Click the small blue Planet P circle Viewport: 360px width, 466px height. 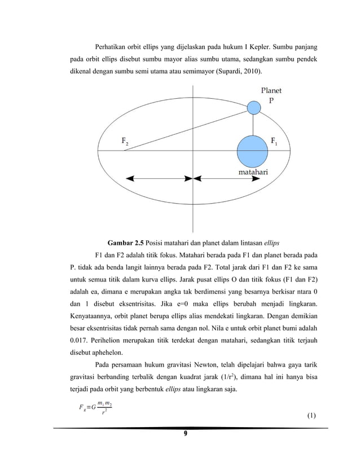point(254,106)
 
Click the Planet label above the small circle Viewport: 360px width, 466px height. point(271,90)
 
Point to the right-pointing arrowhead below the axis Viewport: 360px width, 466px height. point(257,178)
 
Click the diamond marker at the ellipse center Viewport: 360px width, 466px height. point(194,178)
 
